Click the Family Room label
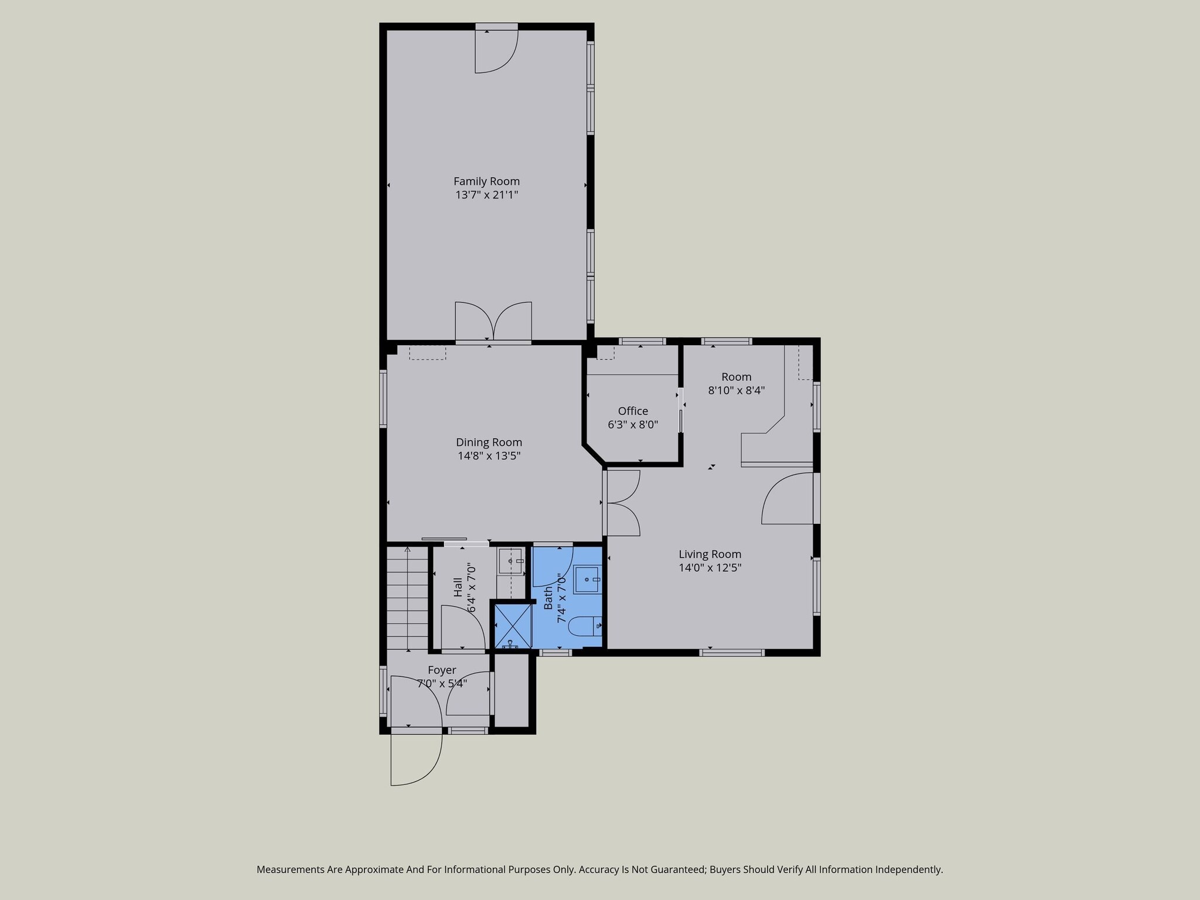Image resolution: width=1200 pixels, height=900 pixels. (x=486, y=182)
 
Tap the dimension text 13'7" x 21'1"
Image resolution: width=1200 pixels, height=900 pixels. (x=486, y=195)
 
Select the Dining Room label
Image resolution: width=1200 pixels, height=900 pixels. (x=489, y=442)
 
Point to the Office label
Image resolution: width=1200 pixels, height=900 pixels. (x=633, y=411)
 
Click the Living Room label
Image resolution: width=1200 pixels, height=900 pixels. (x=710, y=554)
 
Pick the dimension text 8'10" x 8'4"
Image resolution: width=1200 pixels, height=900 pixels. (x=737, y=390)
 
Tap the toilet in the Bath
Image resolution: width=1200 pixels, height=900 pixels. (x=585, y=626)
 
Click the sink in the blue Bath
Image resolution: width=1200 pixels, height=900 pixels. (x=587, y=579)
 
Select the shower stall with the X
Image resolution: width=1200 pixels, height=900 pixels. (x=513, y=626)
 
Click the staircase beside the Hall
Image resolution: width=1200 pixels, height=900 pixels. (x=407, y=598)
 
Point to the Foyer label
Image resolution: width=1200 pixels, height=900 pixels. (x=442, y=670)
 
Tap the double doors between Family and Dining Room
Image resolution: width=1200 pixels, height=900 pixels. (x=493, y=321)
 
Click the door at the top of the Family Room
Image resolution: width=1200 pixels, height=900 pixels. (x=496, y=49)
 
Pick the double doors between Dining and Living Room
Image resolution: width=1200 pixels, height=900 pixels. (x=622, y=503)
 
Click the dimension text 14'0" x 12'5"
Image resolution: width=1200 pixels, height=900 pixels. (x=710, y=567)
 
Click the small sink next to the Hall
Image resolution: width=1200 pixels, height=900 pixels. (x=510, y=561)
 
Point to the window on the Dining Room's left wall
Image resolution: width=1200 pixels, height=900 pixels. (x=383, y=398)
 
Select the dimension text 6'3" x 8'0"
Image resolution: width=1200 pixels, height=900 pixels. (x=633, y=424)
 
